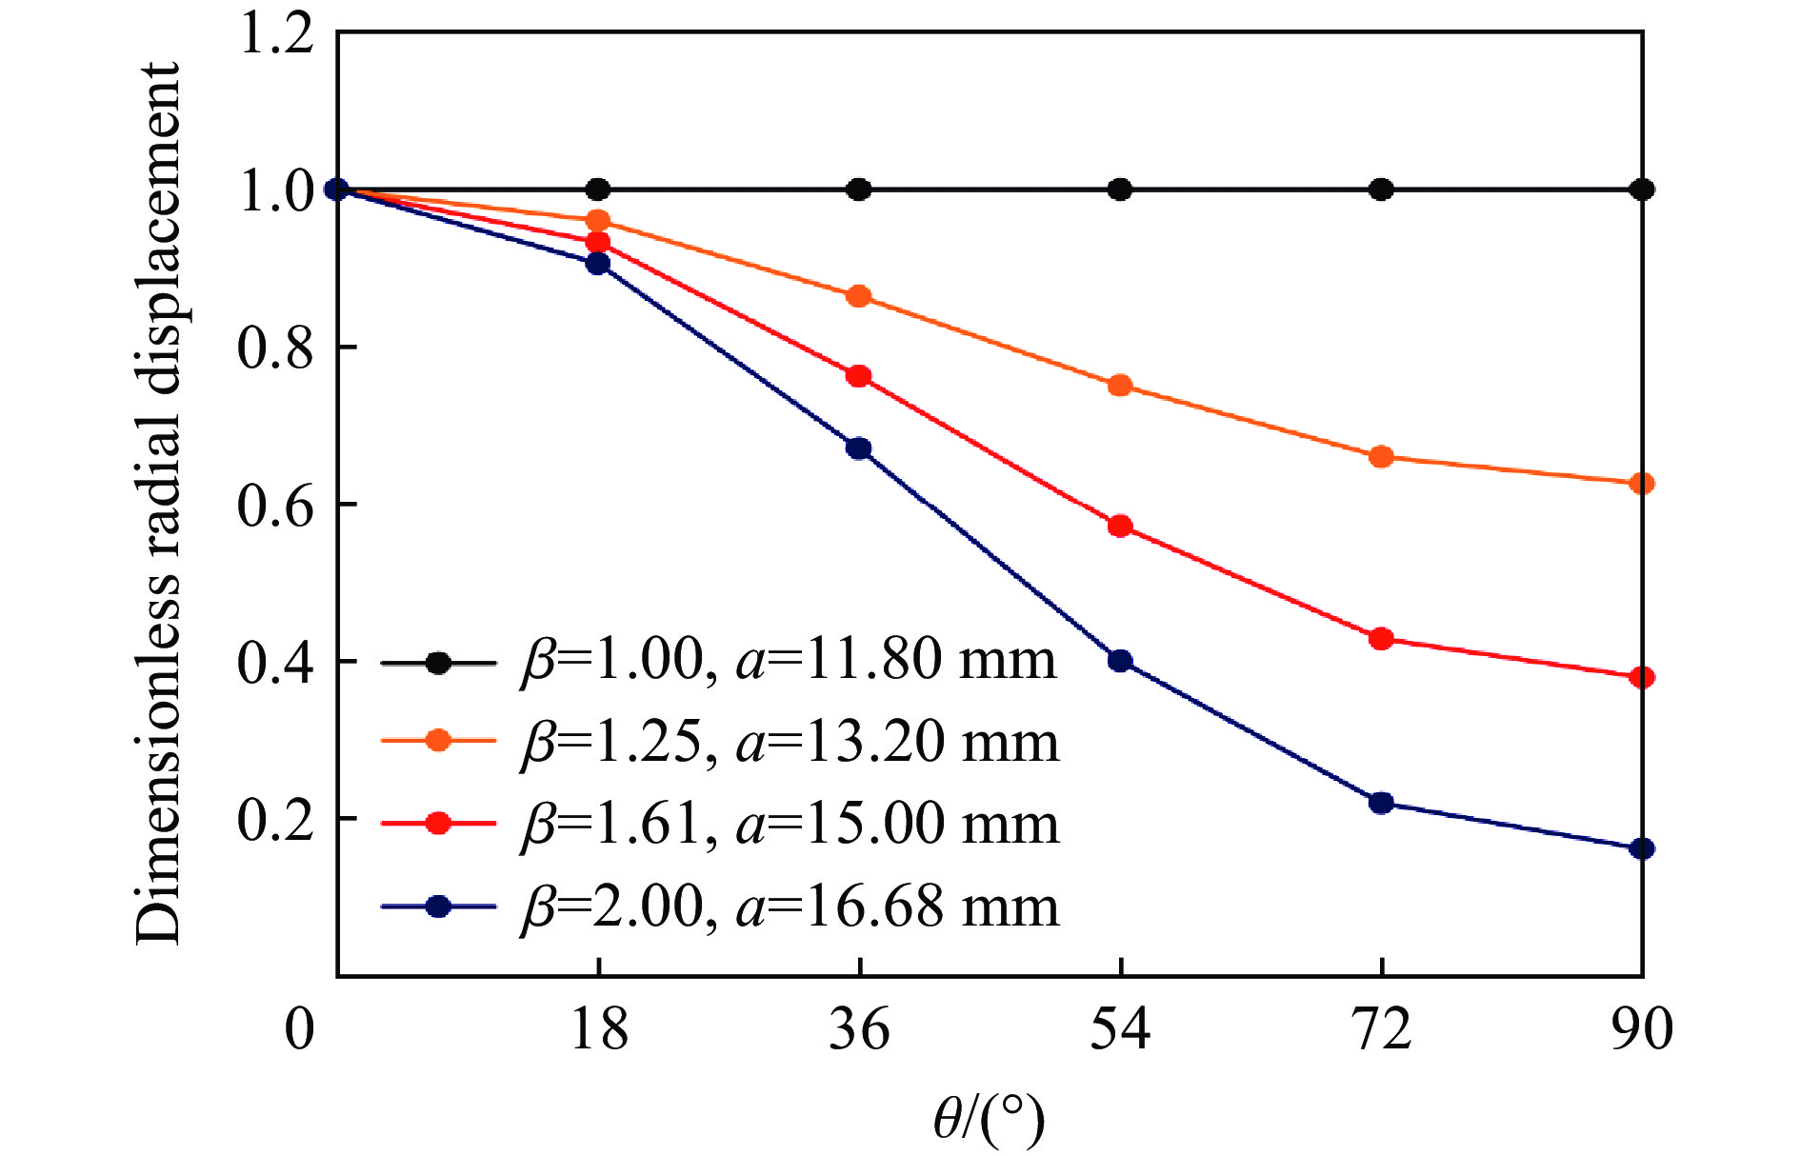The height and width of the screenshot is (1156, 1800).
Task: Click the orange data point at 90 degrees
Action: [1642, 484]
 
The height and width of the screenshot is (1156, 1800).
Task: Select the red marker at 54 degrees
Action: [1120, 526]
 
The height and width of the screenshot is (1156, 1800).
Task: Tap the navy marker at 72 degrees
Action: [1381, 803]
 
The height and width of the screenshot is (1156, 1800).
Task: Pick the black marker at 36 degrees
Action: [859, 189]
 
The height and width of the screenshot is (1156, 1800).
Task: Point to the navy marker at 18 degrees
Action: [598, 264]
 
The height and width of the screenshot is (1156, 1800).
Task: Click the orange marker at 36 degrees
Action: [859, 296]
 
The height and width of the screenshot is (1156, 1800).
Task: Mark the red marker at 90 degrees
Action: [1642, 678]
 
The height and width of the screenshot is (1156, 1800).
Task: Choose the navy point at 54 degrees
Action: [1120, 661]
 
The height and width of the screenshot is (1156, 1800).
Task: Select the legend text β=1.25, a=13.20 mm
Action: [789, 743]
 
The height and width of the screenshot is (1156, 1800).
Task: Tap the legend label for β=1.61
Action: [789, 825]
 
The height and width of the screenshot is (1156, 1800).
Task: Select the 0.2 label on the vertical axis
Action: [275, 820]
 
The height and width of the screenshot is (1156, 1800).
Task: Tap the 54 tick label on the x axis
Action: [1120, 1030]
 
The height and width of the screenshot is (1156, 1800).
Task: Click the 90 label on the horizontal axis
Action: [1642, 1030]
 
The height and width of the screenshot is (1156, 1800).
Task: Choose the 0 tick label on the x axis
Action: [300, 1030]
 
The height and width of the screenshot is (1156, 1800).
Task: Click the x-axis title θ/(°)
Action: [989, 1120]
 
